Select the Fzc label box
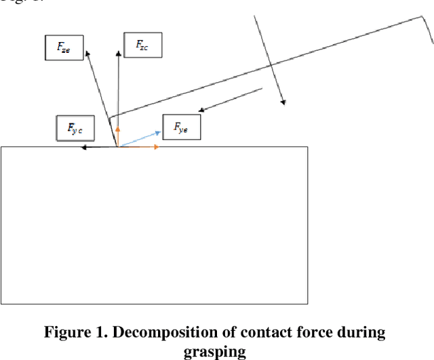143,44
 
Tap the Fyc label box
75,127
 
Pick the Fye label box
182,127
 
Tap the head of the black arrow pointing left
82,146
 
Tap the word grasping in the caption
216,351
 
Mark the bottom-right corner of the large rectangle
308,304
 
